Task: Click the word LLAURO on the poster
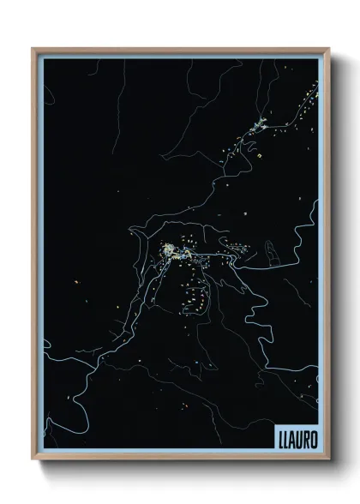tap(296, 435)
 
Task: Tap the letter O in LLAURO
tap(314, 435)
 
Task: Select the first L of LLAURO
tap(279, 435)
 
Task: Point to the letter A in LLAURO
tap(292, 435)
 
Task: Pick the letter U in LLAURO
tap(299, 435)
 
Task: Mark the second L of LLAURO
tap(285, 435)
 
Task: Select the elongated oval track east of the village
tap(271, 252)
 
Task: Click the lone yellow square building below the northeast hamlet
tap(256, 156)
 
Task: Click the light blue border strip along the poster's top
tap(180, 55)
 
